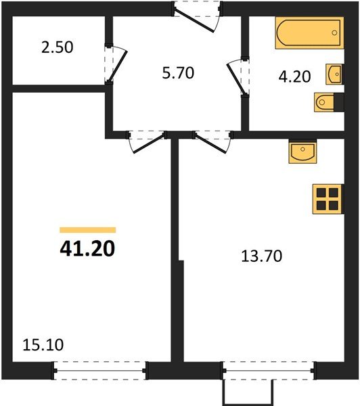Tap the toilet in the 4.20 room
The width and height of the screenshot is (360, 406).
click(x=325, y=102)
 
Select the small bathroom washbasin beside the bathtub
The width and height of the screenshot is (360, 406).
click(x=334, y=72)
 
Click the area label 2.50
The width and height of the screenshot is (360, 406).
click(x=57, y=48)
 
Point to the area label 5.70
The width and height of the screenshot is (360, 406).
click(x=177, y=72)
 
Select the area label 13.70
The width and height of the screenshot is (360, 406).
click(x=261, y=256)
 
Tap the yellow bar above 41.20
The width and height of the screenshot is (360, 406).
click(x=87, y=230)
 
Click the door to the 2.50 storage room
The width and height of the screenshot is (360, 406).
click(x=115, y=64)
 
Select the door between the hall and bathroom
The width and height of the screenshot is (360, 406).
click(x=238, y=78)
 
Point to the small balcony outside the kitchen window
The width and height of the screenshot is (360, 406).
click(x=248, y=391)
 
